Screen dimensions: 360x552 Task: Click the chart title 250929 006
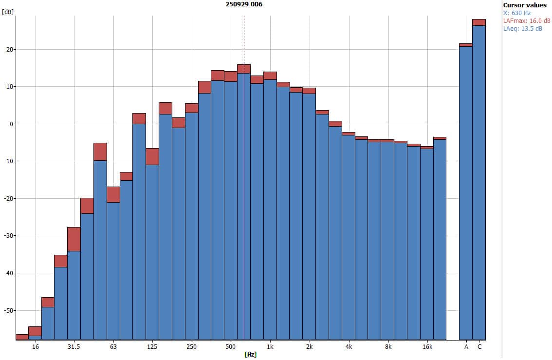[244, 4]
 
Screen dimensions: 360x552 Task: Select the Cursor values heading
[525, 5]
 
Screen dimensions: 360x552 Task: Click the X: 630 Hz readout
[517, 13]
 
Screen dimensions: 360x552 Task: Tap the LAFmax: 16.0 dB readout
[527, 20]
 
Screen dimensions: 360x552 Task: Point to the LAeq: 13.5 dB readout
[523, 28]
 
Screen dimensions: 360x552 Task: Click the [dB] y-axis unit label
[7, 12]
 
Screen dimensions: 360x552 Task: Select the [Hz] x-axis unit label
[250, 354]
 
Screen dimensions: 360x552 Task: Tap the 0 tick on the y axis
[10, 124]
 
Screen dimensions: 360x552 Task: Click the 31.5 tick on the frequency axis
[74, 347]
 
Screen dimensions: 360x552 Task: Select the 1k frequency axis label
[270, 347]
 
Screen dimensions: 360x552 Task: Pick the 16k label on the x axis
[427, 347]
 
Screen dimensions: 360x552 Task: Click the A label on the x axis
[466, 347]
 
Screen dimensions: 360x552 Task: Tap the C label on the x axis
[479, 347]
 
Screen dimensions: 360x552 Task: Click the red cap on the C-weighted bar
[479, 22]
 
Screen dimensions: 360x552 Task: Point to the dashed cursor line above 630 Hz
[244, 39]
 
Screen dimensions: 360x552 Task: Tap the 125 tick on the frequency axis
[152, 347]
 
